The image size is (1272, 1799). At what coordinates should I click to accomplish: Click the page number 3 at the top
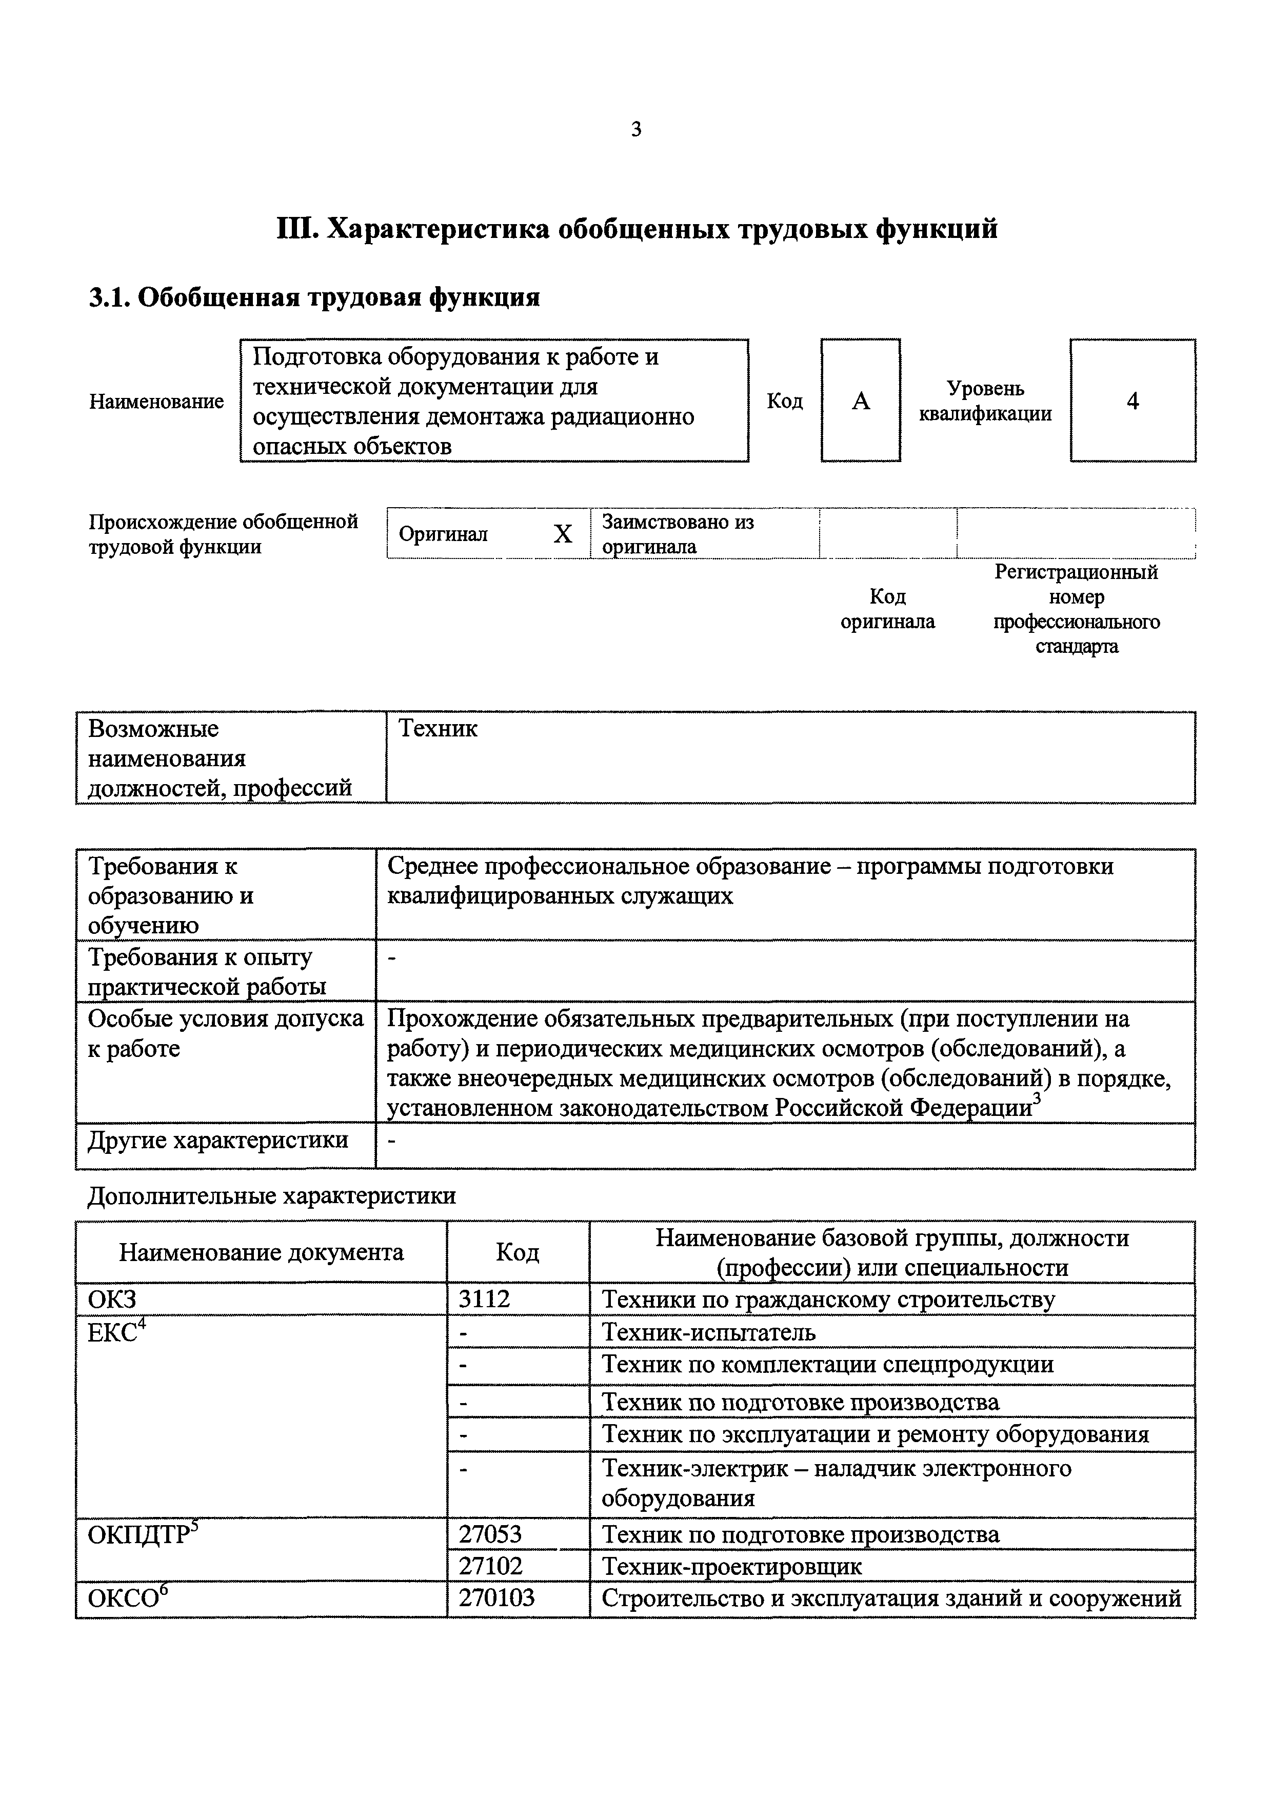[635, 129]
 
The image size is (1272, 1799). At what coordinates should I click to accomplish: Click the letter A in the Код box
[861, 401]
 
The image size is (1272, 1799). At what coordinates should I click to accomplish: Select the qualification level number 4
[1132, 401]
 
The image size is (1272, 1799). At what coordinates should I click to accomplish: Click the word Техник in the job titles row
[438, 729]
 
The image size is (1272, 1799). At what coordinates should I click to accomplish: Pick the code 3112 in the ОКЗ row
[484, 1299]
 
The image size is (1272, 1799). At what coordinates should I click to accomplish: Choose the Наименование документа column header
[261, 1252]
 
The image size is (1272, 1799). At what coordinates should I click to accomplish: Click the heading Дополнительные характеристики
[271, 1196]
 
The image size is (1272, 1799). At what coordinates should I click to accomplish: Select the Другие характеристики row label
[218, 1140]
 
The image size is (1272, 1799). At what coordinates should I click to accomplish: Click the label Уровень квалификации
[985, 401]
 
